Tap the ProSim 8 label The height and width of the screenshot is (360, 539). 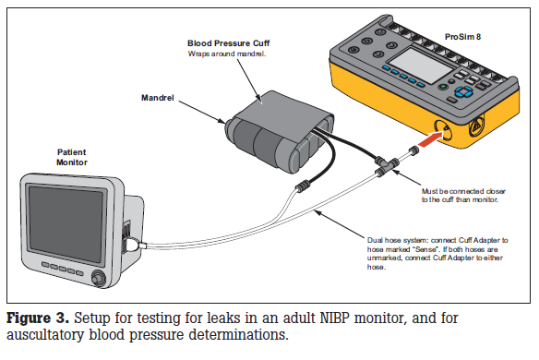pyautogui.click(x=462, y=37)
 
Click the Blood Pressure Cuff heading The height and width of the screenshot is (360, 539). pyautogui.click(x=228, y=43)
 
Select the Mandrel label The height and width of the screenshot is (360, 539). pyautogui.click(x=158, y=98)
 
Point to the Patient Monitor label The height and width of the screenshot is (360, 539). pyautogui.click(x=72, y=157)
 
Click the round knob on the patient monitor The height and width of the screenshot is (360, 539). pyautogui.click(x=99, y=278)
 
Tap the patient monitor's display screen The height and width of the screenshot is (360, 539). pyautogui.click(x=66, y=222)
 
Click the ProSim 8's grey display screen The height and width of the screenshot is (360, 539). pyautogui.click(x=422, y=65)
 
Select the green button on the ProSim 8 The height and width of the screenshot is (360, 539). pyautogui.click(x=443, y=87)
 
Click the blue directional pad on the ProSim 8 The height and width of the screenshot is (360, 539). pyautogui.click(x=463, y=91)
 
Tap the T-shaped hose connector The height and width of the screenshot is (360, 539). pyautogui.click(x=386, y=165)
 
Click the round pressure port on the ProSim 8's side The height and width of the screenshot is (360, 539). pyautogui.click(x=443, y=130)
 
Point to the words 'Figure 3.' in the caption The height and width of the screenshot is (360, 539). pyautogui.click(x=38, y=318)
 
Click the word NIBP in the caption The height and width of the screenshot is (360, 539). pyautogui.click(x=334, y=318)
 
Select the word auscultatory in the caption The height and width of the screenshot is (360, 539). pyautogui.click(x=45, y=334)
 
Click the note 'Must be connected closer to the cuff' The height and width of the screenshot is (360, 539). pyautogui.click(x=463, y=196)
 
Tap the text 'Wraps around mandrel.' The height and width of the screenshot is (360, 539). pyautogui.click(x=227, y=54)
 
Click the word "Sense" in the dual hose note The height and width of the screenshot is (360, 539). pyautogui.click(x=426, y=249)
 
